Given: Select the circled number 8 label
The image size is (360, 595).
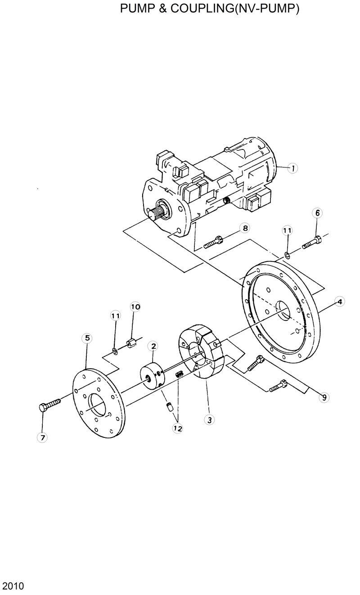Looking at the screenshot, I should click(245, 228).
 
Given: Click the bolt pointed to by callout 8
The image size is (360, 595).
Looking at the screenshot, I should click(214, 242).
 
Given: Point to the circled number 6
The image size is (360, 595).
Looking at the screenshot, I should click(317, 213).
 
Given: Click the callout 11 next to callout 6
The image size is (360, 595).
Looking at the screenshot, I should click(287, 230).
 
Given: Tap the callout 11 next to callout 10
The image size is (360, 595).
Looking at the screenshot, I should click(115, 316).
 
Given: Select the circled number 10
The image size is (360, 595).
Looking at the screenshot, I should click(135, 307).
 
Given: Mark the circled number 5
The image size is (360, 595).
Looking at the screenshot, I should click(87, 338).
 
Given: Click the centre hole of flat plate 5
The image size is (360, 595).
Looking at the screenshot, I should click(99, 402).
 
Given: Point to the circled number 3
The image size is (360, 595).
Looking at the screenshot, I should click(208, 420).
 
